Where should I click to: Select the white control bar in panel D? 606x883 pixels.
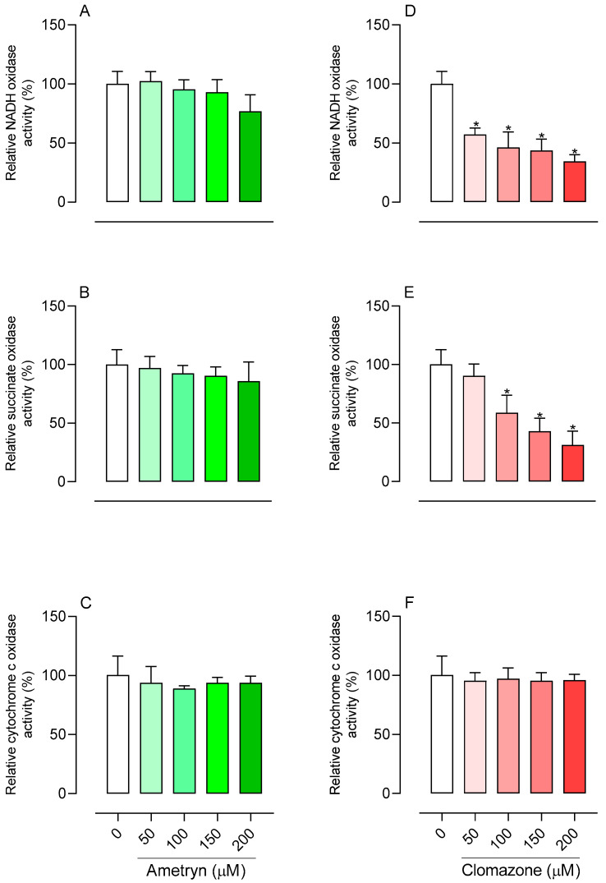442,143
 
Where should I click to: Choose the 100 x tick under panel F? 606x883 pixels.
504,835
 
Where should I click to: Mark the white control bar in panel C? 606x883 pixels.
118,734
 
